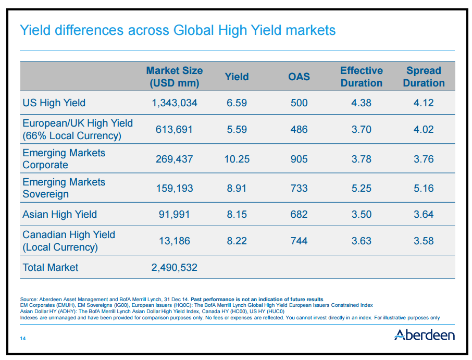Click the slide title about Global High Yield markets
[x=177, y=30]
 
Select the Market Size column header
[x=174, y=77]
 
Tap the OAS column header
[x=299, y=77]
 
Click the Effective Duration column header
[x=361, y=77]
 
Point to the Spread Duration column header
[x=424, y=77]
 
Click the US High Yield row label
[x=54, y=103]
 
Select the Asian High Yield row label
[x=59, y=214]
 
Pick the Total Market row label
[x=50, y=267]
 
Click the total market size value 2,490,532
[x=174, y=268]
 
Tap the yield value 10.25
[x=237, y=159]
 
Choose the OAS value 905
[x=299, y=159]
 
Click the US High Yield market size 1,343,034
[x=174, y=103]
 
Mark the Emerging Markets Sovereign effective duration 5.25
[x=361, y=188]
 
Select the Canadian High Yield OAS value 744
[x=299, y=241]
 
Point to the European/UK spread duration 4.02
[x=424, y=129]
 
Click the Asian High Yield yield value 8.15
[x=237, y=214]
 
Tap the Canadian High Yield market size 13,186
[x=174, y=241]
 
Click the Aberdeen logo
[x=424, y=334]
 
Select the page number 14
[x=23, y=339]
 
